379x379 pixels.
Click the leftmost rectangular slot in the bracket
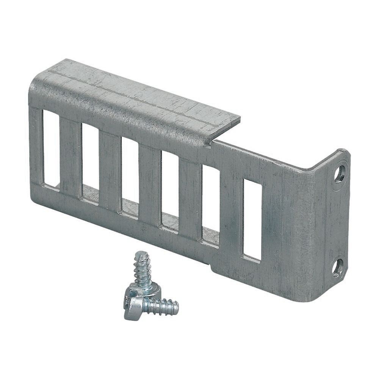(x=51, y=148)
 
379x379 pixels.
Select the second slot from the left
(x=90, y=161)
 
